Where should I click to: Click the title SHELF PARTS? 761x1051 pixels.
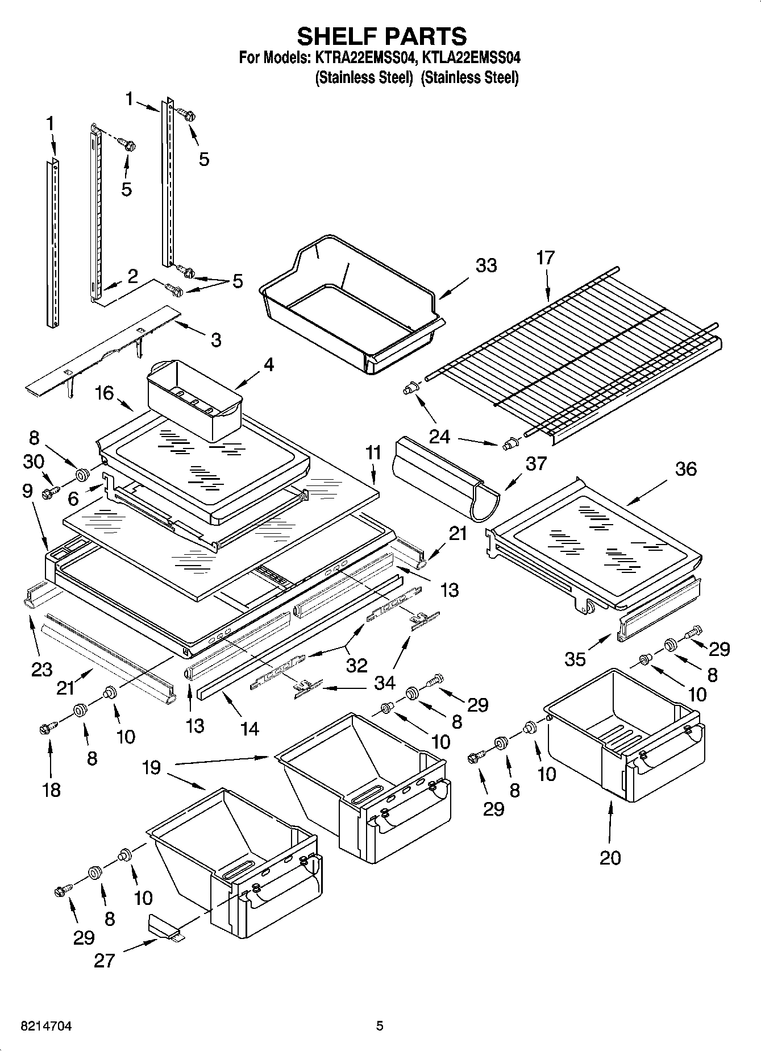click(x=381, y=36)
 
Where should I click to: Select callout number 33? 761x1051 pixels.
click(x=486, y=265)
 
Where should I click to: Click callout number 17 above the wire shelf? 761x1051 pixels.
click(x=545, y=258)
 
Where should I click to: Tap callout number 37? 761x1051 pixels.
click(x=535, y=463)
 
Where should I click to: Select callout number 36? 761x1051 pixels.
click(x=685, y=469)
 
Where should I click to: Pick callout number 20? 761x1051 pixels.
click(x=610, y=857)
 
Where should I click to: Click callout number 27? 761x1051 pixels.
click(x=105, y=961)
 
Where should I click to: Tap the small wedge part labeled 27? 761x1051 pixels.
click(x=164, y=928)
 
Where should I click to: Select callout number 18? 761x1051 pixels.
click(x=51, y=790)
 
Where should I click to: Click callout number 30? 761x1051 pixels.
click(x=34, y=462)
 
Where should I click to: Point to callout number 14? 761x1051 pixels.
click(x=249, y=728)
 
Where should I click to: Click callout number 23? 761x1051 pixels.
click(x=42, y=670)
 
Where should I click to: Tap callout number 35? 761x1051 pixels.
click(x=575, y=659)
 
